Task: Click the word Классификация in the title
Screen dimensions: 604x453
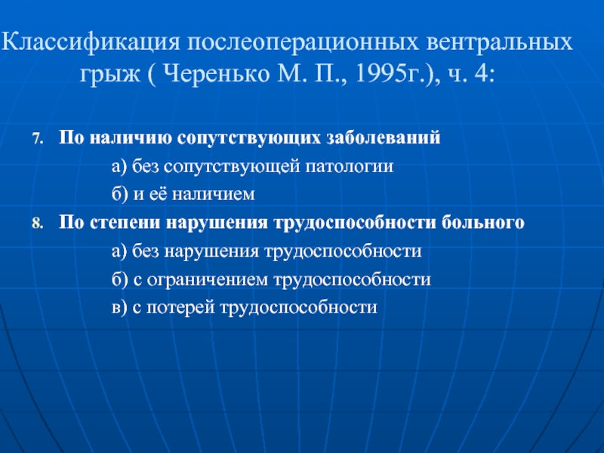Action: coord(91,42)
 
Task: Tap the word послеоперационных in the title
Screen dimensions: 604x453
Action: coord(303,43)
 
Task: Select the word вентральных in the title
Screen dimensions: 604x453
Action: coord(499,42)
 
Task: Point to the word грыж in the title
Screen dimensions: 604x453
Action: coord(109,75)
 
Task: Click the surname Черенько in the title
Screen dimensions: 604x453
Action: coord(216,73)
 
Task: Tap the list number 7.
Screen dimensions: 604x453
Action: coord(37,139)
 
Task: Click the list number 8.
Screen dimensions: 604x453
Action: coord(37,223)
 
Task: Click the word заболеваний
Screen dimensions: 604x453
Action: coord(384,137)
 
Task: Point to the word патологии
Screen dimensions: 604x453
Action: coord(350,167)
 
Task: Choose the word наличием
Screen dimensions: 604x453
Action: coord(214,194)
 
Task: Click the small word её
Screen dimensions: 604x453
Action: coord(158,193)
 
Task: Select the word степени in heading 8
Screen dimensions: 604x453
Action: coord(125,223)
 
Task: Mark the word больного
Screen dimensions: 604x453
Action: coord(482,222)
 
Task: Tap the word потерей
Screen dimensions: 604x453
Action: coord(180,307)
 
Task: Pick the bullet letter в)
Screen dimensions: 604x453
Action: coord(119,308)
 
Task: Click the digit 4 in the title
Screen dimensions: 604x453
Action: coord(481,73)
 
